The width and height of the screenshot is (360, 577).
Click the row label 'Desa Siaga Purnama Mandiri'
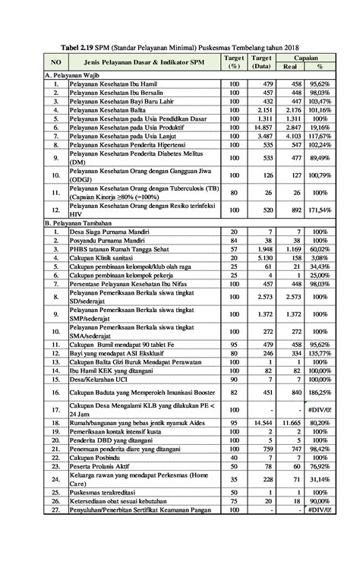(x=115, y=231)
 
